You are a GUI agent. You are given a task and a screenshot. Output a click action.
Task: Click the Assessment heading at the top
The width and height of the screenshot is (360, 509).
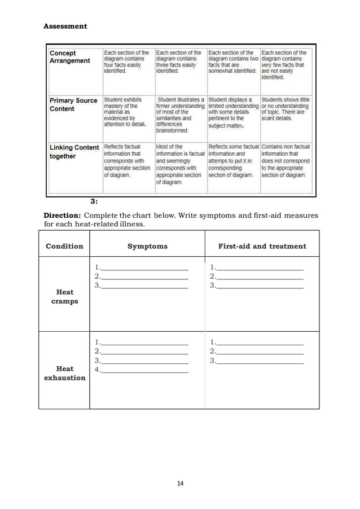pyautogui.click(x=65, y=27)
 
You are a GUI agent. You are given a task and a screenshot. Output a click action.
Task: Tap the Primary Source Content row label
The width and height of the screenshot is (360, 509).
pyautogui.click(x=73, y=104)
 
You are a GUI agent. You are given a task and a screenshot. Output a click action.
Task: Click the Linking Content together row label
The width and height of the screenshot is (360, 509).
pyautogui.click(x=73, y=152)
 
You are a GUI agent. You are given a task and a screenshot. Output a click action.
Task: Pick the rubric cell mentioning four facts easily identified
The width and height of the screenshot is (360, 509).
pyautogui.click(x=126, y=62)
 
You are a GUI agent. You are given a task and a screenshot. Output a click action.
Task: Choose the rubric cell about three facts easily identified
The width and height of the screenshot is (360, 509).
pyautogui.click(x=179, y=62)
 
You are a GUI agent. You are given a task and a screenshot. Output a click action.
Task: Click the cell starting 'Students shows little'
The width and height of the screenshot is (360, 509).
pyautogui.click(x=286, y=108)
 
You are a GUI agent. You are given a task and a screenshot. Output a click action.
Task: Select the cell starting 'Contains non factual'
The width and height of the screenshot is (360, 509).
pyautogui.click(x=286, y=160)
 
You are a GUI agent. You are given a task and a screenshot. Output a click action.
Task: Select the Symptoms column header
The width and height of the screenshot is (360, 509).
pyautogui.click(x=147, y=246)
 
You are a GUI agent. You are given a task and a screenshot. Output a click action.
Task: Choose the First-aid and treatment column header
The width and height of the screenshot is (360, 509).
pyautogui.click(x=262, y=246)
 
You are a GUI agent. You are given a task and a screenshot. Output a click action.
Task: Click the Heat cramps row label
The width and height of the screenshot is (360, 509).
pyautogui.click(x=65, y=297)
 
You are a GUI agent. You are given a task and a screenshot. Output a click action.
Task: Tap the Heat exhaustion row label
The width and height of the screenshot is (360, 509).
pyautogui.click(x=64, y=374)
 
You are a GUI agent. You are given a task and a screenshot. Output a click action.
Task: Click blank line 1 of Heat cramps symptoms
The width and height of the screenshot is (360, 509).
pyautogui.click(x=144, y=268)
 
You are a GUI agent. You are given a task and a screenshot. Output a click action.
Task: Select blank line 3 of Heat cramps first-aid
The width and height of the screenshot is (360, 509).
pyautogui.click(x=260, y=287)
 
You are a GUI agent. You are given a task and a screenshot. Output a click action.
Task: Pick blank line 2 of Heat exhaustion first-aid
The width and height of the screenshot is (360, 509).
pyautogui.click(x=260, y=352)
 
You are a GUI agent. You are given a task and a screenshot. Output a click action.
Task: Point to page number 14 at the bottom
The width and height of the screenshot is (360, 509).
pyautogui.click(x=180, y=484)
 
